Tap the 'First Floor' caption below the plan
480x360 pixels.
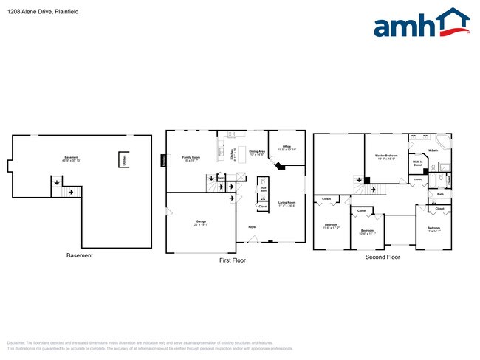pyautogui.click(x=233, y=260)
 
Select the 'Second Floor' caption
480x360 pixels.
pyautogui.click(x=383, y=257)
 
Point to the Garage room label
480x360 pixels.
pyautogui.click(x=200, y=222)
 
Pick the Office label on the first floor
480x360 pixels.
pyautogui.click(x=287, y=148)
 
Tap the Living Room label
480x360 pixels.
pyautogui.click(x=287, y=204)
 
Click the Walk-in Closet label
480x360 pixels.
pyautogui.click(x=417, y=163)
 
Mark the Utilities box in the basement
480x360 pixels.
pyautogui.click(x=123, y=160)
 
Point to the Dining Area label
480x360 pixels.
pyautogui.click(x=257, y=153)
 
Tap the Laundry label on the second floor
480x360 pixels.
pyautogui.click(x=417, y=179)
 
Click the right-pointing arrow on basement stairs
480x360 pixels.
pyautogui.click(x=71, y=192)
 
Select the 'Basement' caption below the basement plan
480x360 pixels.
pyautogui.click(x=80, y=255)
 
